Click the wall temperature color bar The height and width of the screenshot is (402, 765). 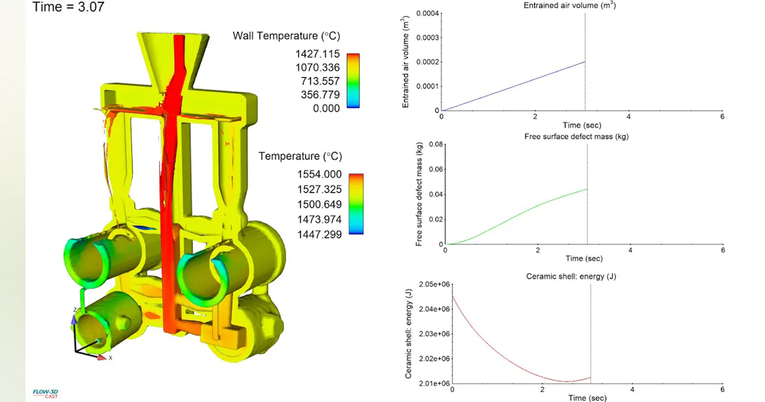pos(353,80)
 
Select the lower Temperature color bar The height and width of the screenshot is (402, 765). pos(356,204)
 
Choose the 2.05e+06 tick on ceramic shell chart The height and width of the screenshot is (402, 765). pos(433,284)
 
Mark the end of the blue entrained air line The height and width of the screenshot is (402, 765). pos(585,61)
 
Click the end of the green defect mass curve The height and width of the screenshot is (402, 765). pos(586,189)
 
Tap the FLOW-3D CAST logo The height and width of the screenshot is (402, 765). pos(45,393)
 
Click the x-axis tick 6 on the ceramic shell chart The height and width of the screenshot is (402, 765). pos(722,389)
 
